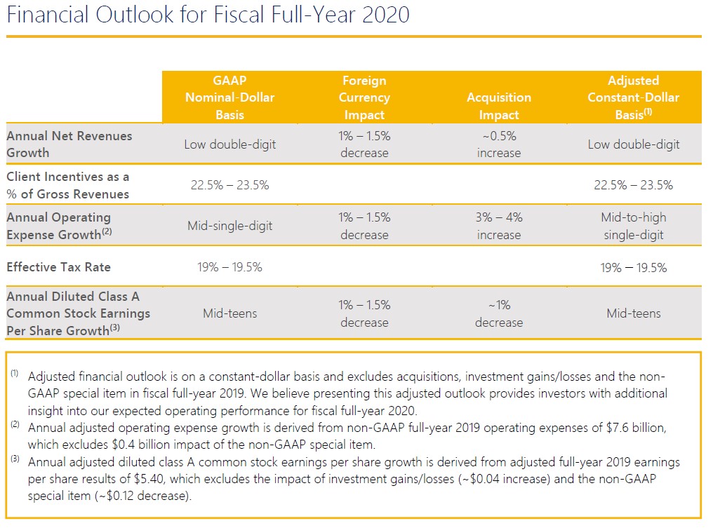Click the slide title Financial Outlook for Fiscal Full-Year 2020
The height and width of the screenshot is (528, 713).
[x=208, y=14]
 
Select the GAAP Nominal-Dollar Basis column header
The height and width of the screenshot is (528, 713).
[x=229, y=97]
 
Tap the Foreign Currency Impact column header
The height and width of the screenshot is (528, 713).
[x=364, y=97]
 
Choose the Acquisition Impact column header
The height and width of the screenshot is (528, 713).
[x=498, y=106]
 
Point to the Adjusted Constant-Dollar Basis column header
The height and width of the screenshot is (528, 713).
[x=633, y=97]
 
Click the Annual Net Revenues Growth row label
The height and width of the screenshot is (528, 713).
[x=69, y=144]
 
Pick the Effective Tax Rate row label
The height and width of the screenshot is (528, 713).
[x=58, y=267]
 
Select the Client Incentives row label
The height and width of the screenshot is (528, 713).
[x=68, y=185]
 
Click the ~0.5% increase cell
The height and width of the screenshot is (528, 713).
[x=498, y=144]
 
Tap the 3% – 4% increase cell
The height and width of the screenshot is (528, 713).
[x=498, y=226]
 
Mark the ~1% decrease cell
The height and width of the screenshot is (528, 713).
[x=498, y=313]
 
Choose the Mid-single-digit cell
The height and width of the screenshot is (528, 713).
[x=229, y=226]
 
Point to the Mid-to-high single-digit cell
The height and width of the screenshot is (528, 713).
[x=633, y=226]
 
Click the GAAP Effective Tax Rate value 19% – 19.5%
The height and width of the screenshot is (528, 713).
[x=229, y=267]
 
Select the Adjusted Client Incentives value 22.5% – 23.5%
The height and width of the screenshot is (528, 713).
[x=633, y=185]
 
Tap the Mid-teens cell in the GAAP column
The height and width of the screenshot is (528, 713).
[x=229, y=313]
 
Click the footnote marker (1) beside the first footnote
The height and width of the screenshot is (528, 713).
[x=15, y=373]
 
